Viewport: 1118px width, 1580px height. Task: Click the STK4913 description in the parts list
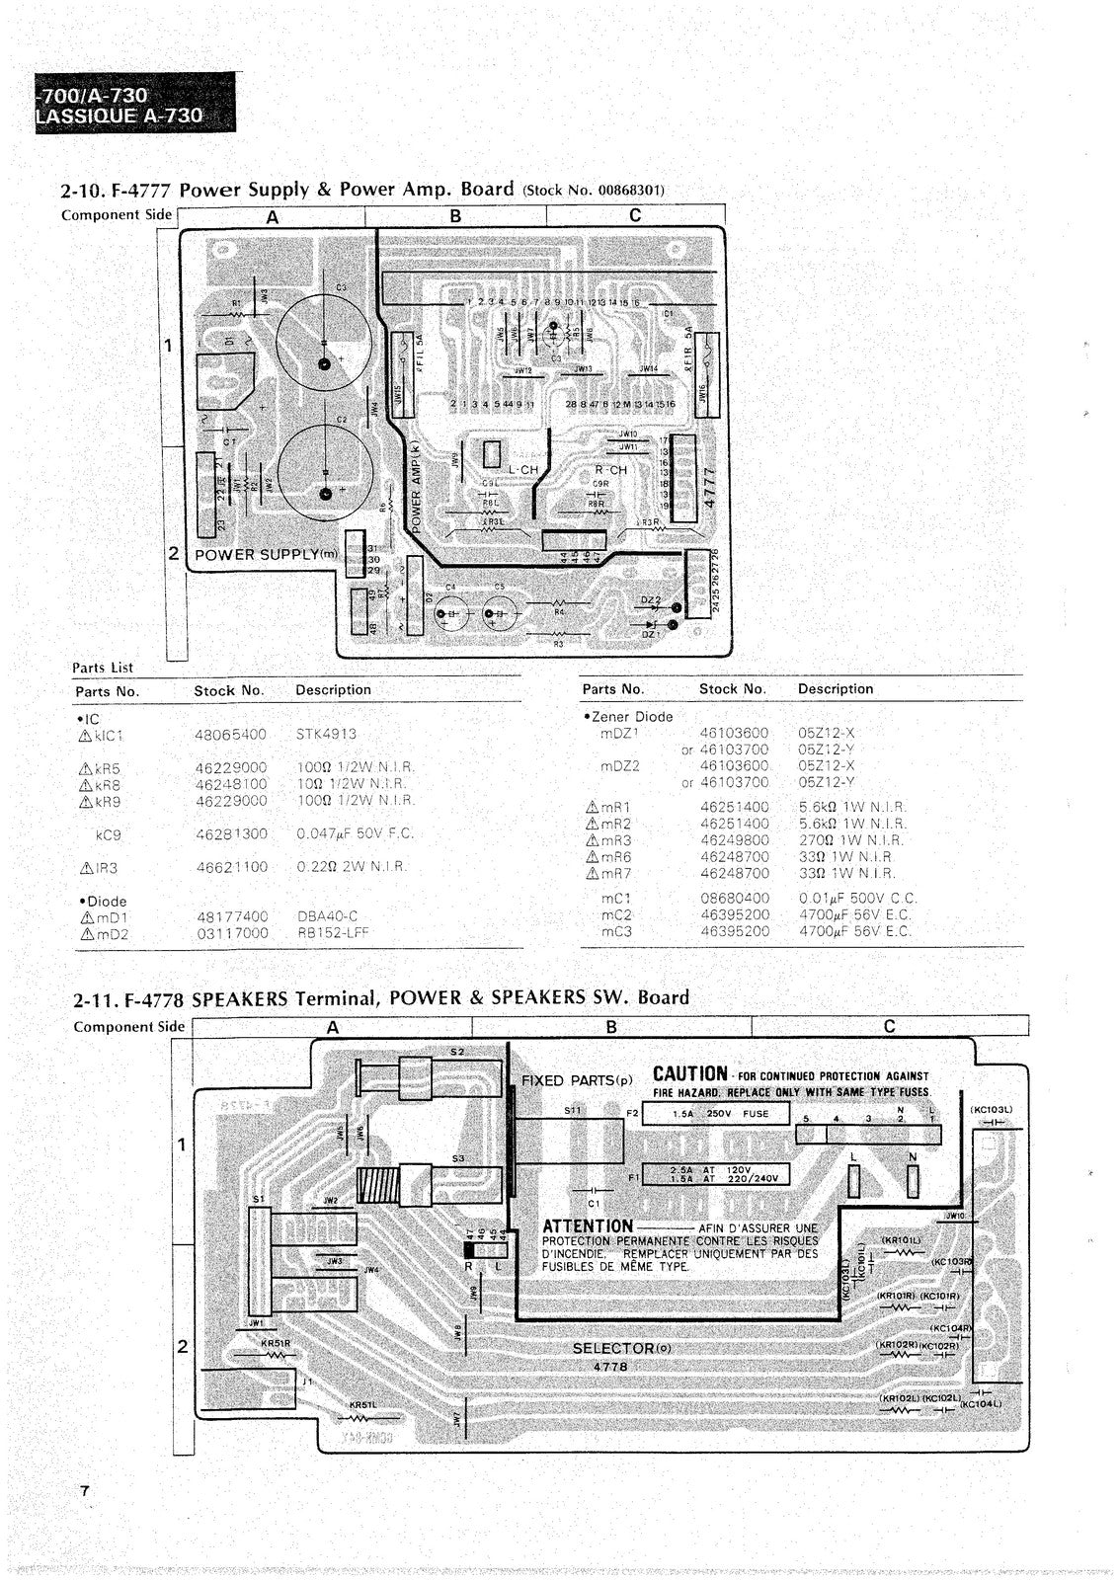[x=326, y=735]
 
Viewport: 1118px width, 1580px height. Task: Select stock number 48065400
[x=231, y=735]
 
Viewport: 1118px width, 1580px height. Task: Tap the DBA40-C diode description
[x=327, y=916]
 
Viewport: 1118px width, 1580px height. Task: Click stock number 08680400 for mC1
[x=734, y=899]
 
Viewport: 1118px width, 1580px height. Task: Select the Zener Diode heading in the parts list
[x=630, y=717]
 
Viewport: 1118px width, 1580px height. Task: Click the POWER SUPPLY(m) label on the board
[x=265, y=554]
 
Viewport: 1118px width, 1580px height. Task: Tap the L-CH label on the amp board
[x=523, y=470]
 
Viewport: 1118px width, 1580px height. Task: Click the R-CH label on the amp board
[x=610, y=470]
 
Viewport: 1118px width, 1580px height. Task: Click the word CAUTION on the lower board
[x=689, y=1074]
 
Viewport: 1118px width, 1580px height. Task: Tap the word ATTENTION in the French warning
[x=587, y=1226]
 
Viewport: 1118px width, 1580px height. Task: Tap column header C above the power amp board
[x=635, y=215]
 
